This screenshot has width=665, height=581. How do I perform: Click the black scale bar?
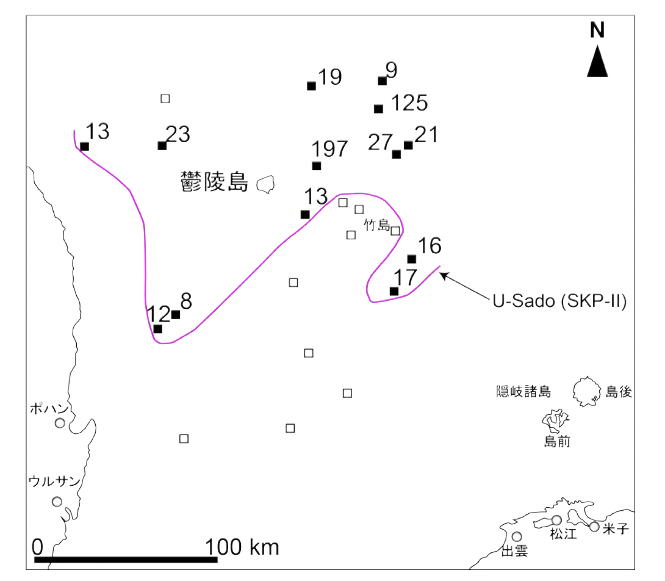(126, 559)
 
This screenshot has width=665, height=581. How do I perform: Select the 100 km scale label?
(242, 546)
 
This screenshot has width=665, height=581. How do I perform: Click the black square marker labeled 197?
(316, 166)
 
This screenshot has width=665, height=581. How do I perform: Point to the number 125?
(409, 103)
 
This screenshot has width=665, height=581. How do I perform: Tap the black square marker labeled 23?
(162, 145)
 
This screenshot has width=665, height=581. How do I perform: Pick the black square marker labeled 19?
(311, 86)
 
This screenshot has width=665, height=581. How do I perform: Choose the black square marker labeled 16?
(412, 259)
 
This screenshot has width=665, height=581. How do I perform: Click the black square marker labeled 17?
(394, 291)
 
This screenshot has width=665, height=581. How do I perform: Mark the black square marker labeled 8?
(176, 315)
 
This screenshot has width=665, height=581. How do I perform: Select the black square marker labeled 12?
(158, 329)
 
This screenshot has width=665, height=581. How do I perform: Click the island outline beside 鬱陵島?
(265, 184)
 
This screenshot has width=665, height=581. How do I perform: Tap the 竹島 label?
(376, 225)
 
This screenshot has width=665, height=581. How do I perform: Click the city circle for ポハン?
(60, 423)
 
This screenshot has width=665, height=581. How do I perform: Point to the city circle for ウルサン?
(57, 501)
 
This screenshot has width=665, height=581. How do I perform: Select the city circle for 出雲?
(517, 536)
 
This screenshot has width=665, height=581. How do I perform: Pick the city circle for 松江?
(556, 520)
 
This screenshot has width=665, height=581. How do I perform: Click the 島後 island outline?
(587, 391)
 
